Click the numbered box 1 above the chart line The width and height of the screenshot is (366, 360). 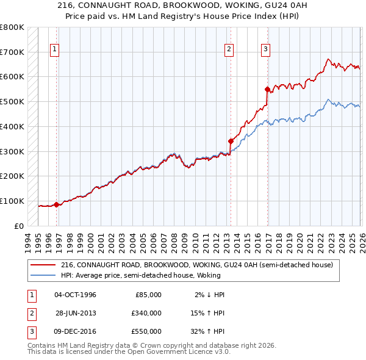point(55,50)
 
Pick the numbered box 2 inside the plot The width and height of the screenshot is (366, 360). point(229,50)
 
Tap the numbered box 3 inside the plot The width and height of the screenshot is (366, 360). point(266,50)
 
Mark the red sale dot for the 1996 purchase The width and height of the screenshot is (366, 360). point(56,204)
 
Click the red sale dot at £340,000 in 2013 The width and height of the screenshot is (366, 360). point(231,141)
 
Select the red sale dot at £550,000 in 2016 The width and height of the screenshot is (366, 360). point(267,89)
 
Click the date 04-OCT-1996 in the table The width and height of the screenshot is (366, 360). point(76,295)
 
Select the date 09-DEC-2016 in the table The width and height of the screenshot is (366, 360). point(76,331)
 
